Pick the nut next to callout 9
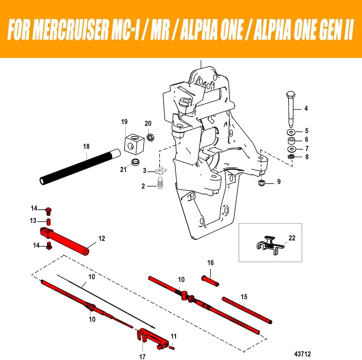pos(262,183)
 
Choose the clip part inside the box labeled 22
pos(268,243)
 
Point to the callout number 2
pos(143,186)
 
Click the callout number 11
pos(174,337)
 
